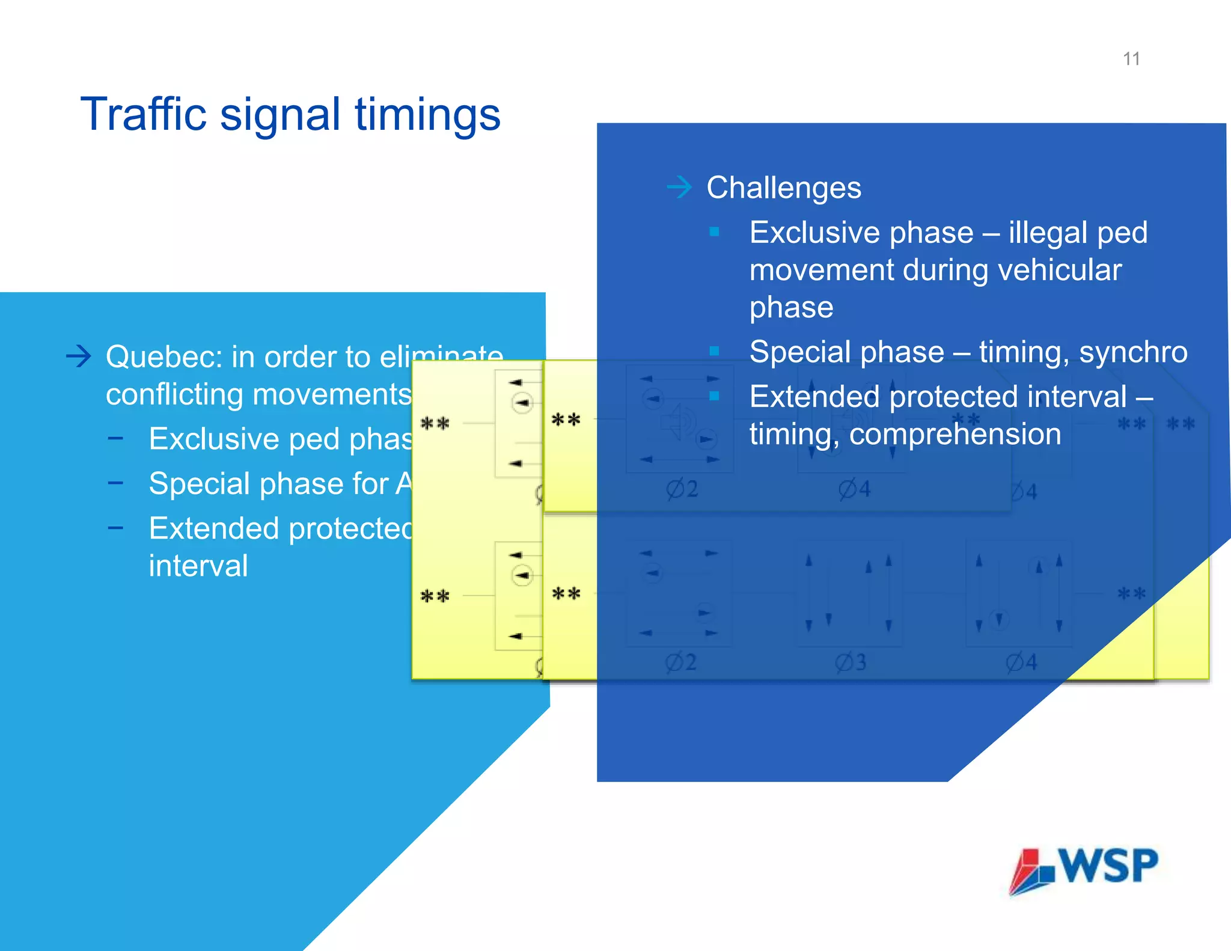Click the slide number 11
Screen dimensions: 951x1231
click(x=1131, y=59)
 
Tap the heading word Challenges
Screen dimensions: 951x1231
click(x=783, y=188)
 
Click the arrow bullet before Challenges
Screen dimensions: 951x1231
click(x=680, y=188)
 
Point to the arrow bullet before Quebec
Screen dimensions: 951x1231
click(x=79, y=356)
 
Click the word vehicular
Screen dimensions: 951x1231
click(x=1060, y=270)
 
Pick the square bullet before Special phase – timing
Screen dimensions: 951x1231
click(x=714, y=351)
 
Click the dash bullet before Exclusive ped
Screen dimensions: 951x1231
click(x=115, y=438)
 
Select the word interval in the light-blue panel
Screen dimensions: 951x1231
click(x=198, y=566)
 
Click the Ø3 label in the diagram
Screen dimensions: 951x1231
click(x=851, y=662)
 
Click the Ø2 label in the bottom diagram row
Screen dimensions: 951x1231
click(x=681, y=662)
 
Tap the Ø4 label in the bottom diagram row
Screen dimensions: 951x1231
click(x=1021, y=662)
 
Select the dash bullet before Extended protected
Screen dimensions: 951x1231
click(x=115, y=528)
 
